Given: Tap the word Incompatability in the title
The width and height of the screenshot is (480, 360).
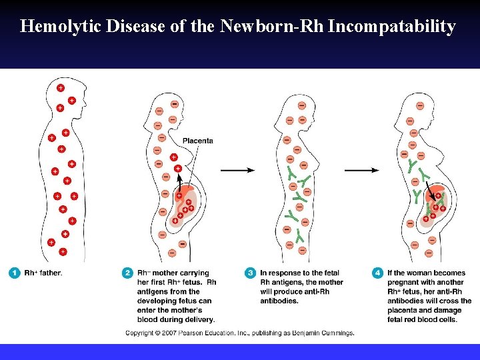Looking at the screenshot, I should click(391, 27).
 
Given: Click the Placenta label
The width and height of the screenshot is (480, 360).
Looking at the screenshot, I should click(198, 141).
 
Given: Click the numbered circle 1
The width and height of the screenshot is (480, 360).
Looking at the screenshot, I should click(14, 273).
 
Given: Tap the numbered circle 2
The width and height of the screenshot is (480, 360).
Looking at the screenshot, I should click(127, 273).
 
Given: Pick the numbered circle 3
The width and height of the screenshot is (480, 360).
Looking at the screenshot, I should click(251, 273).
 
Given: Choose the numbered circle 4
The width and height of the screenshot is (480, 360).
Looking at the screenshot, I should click(378, 273).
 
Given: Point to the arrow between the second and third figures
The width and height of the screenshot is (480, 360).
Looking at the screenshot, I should click(237, 170).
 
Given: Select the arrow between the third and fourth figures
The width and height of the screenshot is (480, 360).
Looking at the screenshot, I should click(361, 170).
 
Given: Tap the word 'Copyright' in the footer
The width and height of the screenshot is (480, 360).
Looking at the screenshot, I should click(140, 333).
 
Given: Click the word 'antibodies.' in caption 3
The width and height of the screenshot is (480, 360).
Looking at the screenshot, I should click(278, 301).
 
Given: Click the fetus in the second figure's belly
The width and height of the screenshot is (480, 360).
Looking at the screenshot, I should click(183, 207).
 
